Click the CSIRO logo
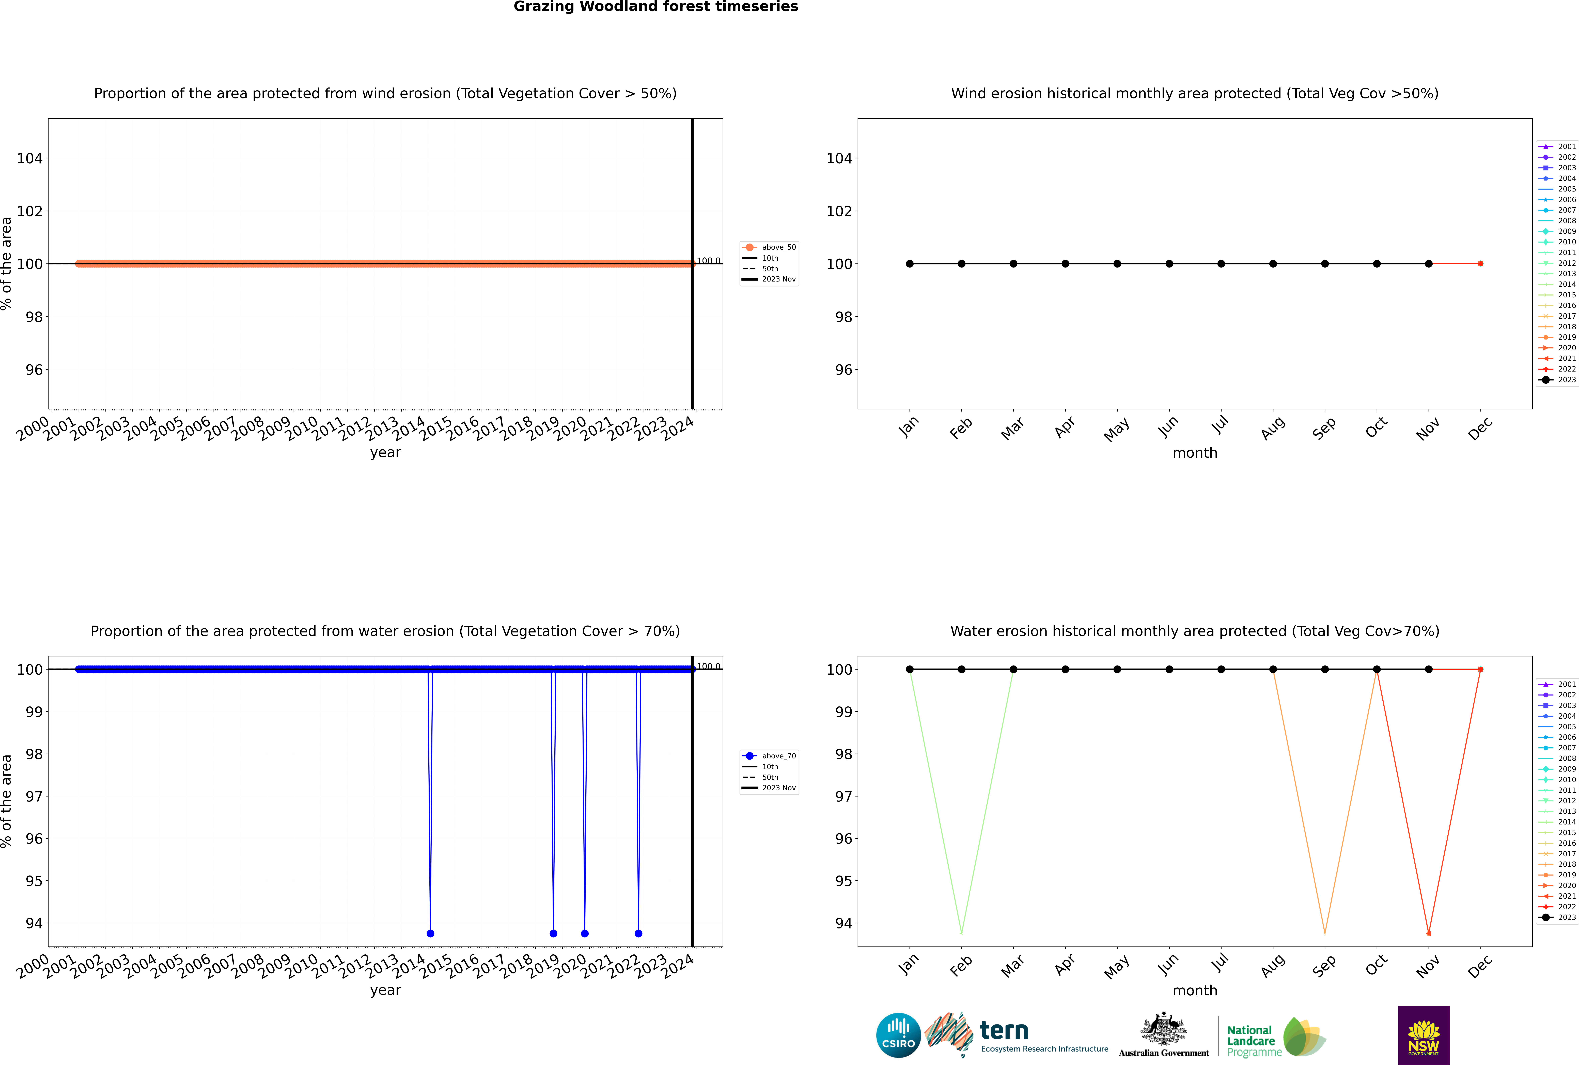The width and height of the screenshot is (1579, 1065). pos(898,1035)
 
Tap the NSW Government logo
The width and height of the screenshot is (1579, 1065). pos(1424,1035)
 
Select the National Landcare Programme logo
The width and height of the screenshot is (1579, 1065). pos(1275,1037)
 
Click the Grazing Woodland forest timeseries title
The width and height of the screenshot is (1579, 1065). pos(656,7)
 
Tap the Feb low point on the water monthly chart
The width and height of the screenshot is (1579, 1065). pos(961,933)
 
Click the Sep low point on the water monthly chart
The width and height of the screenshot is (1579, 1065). pos(1324,933)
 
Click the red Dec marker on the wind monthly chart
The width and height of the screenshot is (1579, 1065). pos(1481,263)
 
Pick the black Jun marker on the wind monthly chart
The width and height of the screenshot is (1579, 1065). pos(1169,263)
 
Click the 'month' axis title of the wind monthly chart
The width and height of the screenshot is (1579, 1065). pos(1195,453)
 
